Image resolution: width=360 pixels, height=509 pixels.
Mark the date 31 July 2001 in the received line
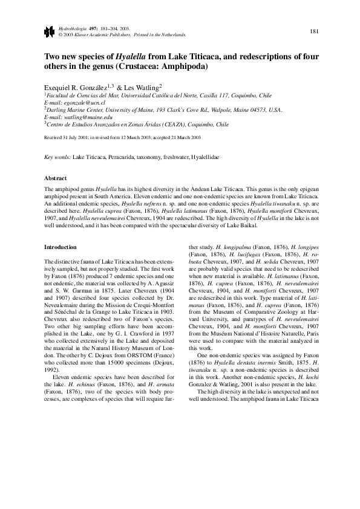coord(77,138)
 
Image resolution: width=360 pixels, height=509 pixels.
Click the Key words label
coord(57,157)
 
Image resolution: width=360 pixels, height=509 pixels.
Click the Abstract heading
coord(56,178)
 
